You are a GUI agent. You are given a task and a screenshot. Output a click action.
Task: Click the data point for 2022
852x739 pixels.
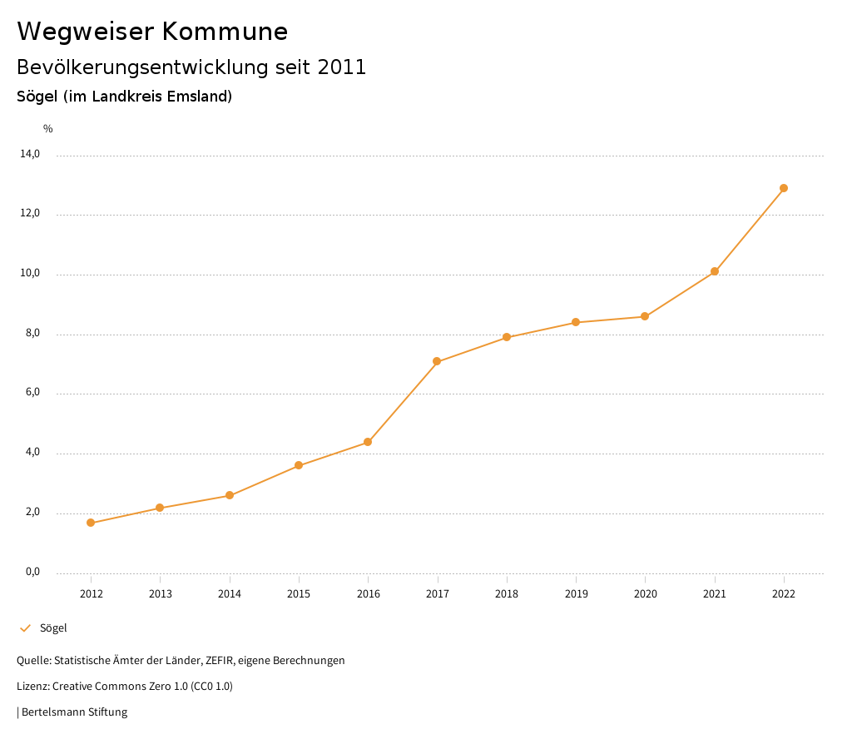click(784, 188)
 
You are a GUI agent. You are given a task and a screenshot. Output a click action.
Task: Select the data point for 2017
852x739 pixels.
click(437, 361)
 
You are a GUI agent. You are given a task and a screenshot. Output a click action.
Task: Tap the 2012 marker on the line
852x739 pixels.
click(91, 523)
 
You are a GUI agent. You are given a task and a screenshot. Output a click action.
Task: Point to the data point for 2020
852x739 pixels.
click(645, 316)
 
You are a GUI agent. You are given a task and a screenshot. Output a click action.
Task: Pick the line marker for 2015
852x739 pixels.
click(299, 465)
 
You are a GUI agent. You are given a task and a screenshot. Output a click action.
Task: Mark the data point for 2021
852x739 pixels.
click(715, 271)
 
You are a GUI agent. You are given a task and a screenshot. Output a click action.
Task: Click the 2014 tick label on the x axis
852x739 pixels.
click(230, 593)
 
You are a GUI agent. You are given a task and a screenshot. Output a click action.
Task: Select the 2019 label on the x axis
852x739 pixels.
click(576, 593)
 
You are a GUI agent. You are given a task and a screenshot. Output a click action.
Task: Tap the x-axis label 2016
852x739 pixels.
click(368, 593)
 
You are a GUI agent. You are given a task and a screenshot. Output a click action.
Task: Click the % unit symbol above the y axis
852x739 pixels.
click(48, 129)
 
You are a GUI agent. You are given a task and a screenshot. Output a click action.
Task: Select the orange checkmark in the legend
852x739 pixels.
click(25, 628)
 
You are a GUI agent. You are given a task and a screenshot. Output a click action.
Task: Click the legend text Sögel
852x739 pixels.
click(53, 628)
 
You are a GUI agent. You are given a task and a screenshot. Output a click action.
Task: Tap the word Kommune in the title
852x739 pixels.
click(225, 32)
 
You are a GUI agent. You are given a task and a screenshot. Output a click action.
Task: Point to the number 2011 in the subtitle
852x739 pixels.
click(342, 67)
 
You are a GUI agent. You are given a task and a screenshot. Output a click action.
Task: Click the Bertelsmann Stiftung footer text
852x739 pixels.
click(74, 712)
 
